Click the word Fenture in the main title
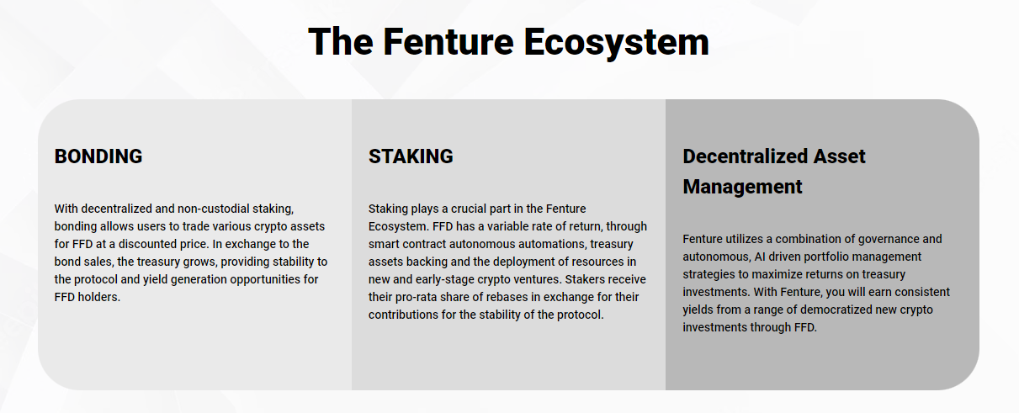448,42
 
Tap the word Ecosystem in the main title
617,43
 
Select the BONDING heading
98,156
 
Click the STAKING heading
411,156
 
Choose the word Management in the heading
742,187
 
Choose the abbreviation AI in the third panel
760,257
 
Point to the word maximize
774,275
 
